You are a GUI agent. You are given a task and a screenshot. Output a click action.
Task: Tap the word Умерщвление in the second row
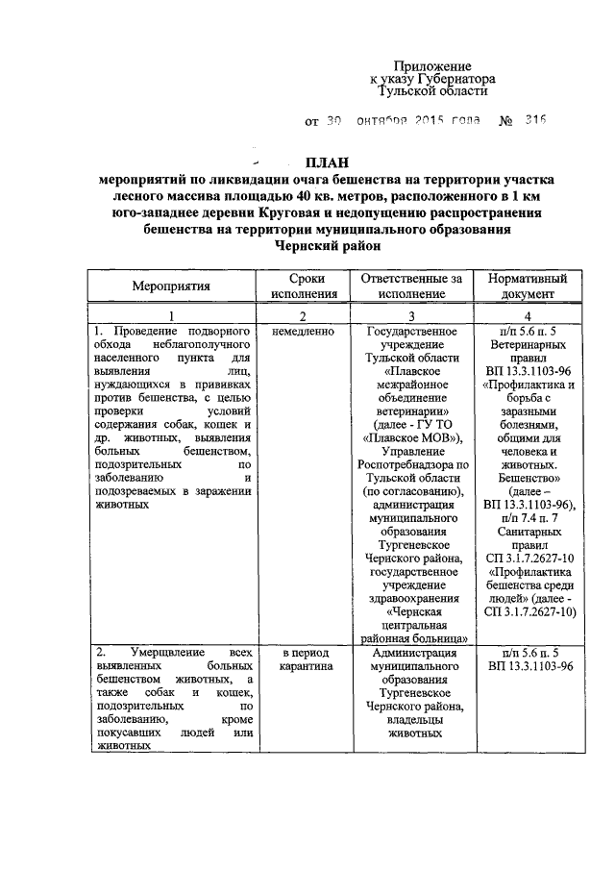pyautogui.click(x=145, y=651)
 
